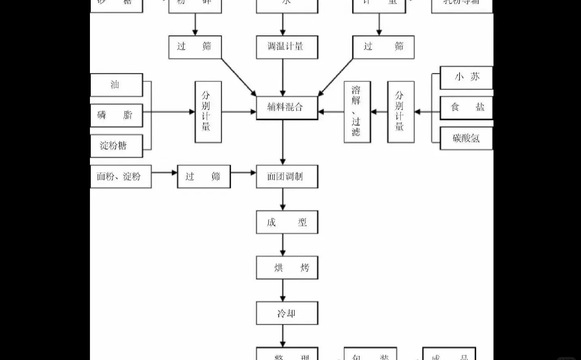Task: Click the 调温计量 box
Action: pyautogui.click(x=286, y=47)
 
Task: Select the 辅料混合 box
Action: pyautogui.click(x=286, y=107)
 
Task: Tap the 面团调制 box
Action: pyautogui.click(x=286, y=176)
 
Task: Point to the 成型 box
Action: pyautogui.click(x=286, y=222)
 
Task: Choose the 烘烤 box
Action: pyautogui.click(x=286, y=268)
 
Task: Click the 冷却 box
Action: pyautogui.click(x=286, y=313)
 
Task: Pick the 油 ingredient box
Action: pyautogui.click(x=116, y=85)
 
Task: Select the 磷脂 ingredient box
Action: pyautogui.click(x=116, y=115)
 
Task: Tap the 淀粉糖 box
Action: pyautogui.click(x=116, y=146)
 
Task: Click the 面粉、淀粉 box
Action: pyautogui.click(x=120, y=176)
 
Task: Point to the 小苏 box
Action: pyautogui.click(x=466, y=77)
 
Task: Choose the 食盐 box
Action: pyautogui.click(x=466, y=107)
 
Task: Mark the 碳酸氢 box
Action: pyautogui.click(x=466, y=138)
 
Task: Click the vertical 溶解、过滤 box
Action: pyautogui.click(x=357, y=112)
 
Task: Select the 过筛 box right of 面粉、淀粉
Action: pyautogui.click(x=203, y=176)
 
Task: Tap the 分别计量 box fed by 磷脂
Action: pyautogui.click(x=208, y=112)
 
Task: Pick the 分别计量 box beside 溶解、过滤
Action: pyautogui.click(x=400, y=112)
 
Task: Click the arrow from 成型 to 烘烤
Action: pyautogui.click(x=283, y=245)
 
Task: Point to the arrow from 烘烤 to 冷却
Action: pyautogui.click(x=283, y=290)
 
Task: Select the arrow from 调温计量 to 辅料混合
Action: pyautogui.click(x=283, y=77)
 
